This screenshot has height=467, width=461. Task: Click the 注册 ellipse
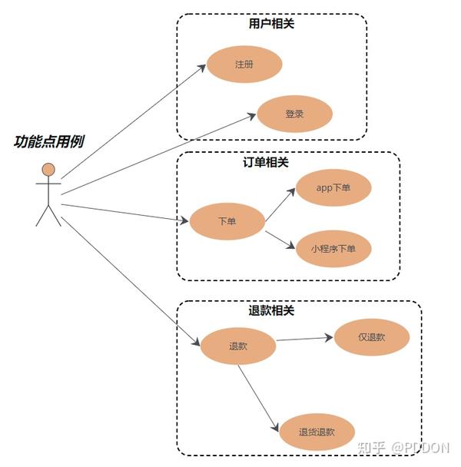point(244,65)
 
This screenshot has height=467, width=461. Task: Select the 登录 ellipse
point(294,114)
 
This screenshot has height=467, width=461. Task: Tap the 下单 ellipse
point(227,221)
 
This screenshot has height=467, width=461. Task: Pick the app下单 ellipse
point(333,188)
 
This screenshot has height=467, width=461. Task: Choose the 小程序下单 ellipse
point(333,248)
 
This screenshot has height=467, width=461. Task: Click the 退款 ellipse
point(238,346)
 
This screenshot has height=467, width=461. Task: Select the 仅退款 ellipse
point(372,336)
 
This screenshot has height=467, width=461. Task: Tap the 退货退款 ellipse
point(317,432)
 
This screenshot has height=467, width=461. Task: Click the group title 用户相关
point(271,24)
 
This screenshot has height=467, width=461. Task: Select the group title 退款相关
point(271,311)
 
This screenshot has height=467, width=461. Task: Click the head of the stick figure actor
point(48,169)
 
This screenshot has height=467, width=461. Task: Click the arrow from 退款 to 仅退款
point(305,339)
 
